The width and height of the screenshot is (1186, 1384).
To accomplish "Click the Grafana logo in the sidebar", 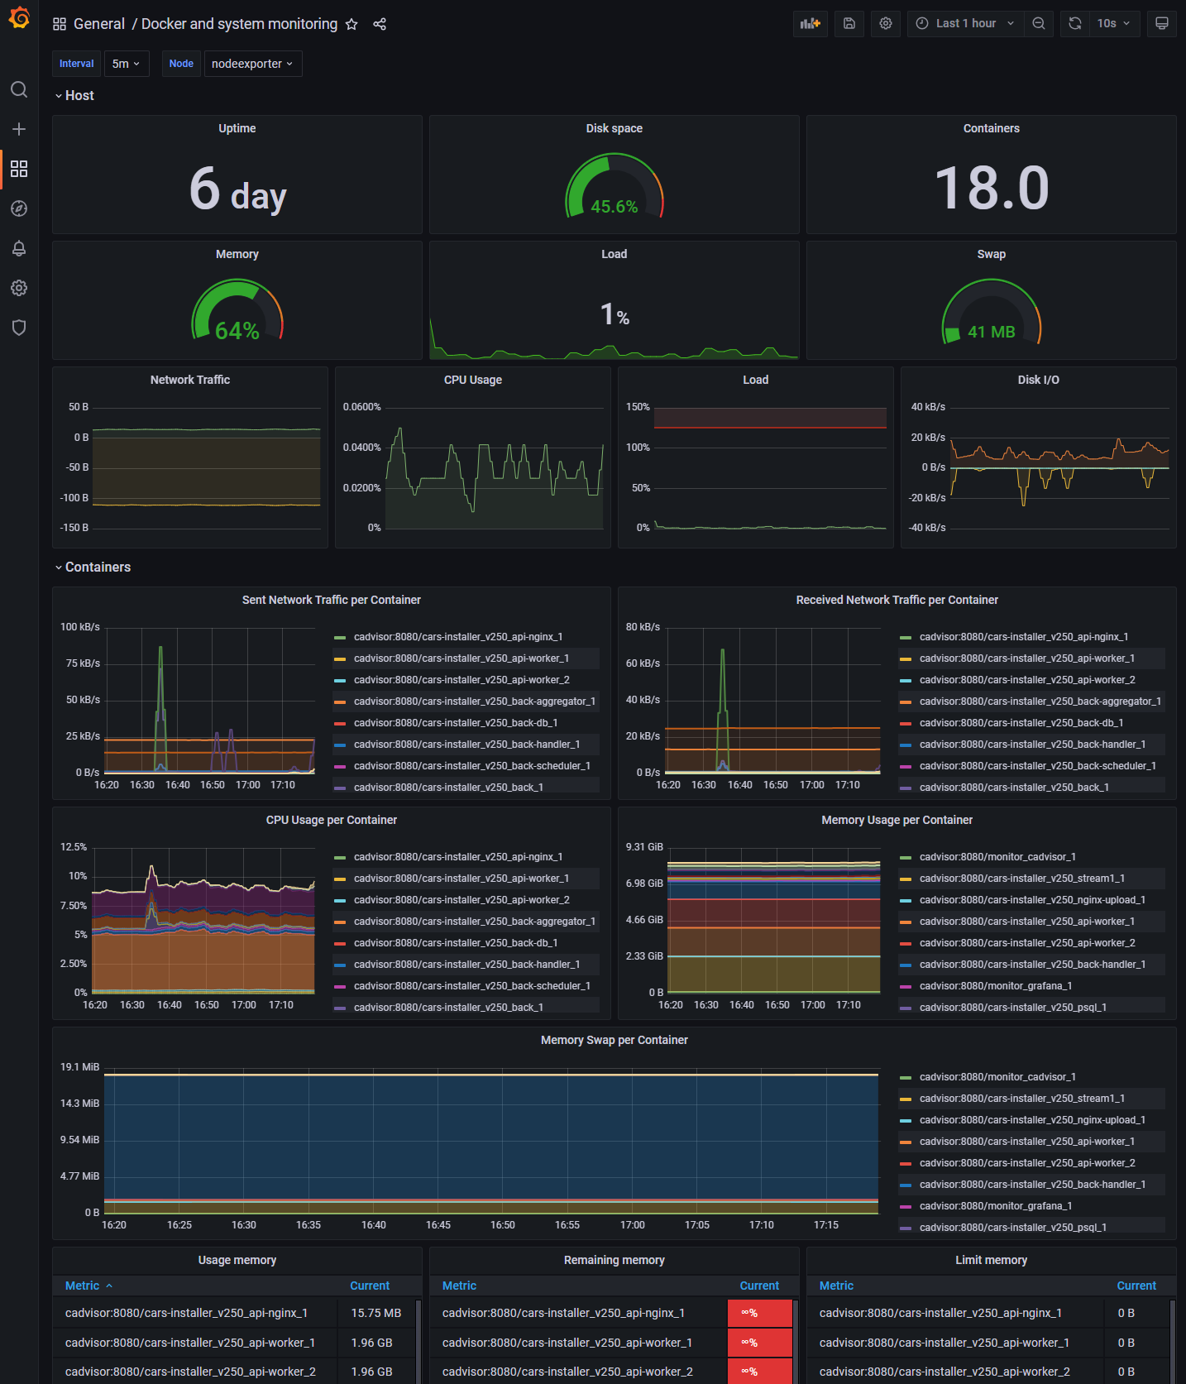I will [19, 18].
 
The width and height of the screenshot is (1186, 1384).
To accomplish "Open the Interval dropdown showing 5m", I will [127, 64].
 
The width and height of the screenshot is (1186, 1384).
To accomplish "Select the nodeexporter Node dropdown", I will [252, 64].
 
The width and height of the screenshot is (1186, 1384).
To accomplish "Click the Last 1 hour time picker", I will [965, 23].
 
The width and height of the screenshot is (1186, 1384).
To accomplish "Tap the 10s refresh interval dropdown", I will [1113, 23].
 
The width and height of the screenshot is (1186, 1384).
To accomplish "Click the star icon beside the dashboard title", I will [351, 24].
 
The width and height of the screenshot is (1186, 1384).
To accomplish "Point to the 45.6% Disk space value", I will [614, 207].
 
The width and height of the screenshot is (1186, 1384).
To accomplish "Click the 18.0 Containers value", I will [991, 188].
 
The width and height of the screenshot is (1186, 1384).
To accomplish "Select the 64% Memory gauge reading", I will [237, 331].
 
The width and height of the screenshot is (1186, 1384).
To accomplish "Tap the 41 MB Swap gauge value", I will [991, 332].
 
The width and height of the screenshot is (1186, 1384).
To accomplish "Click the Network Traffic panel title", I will [190, 380].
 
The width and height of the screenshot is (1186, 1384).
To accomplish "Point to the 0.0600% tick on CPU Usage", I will [362, 407].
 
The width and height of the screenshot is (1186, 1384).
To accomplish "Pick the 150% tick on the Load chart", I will [638, 407].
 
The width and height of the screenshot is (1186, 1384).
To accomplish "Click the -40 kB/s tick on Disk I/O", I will [927, 528].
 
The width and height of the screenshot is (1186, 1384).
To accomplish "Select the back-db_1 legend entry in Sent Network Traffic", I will [455, 723].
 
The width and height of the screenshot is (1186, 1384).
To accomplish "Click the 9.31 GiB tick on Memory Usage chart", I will [644, 847].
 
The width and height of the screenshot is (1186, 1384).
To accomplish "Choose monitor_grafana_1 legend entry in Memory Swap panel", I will [995, 1206].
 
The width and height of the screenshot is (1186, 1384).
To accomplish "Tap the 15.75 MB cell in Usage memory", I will [375, 1313].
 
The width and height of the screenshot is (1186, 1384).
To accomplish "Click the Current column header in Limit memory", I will [1136, 1286].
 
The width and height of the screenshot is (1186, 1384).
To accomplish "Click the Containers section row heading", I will [98, 567].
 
